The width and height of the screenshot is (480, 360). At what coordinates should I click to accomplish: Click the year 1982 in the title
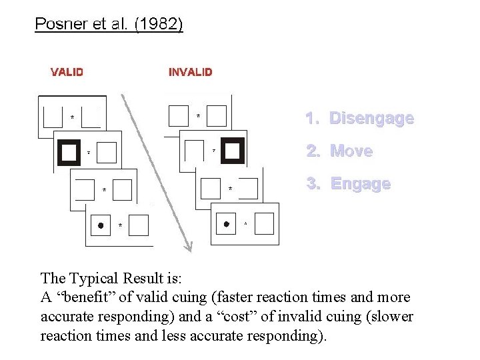pyautogui.click(x=161, y=25)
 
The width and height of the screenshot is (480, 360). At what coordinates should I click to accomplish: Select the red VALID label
pyautogui.click(x=67, y=72)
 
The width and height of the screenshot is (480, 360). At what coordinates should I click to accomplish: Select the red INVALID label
pyautogui.click(x=191, y=72)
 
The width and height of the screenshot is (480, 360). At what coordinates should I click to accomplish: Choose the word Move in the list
pyautogui.click(x=351, y=151)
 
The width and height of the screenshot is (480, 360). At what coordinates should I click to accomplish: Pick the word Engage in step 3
pyautogui.click(x=360, y=183)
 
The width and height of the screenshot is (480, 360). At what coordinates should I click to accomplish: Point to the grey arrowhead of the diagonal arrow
pyautogui.click(x=189, y=247)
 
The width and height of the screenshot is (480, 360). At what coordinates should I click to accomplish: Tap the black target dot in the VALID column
pyautogui.click(x=101, y=225)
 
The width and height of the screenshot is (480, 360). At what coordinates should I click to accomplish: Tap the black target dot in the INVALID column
pyautogui.click(x=226, y=224)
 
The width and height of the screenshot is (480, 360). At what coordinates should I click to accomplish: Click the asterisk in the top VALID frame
pyautogui.click(x=73, y=118)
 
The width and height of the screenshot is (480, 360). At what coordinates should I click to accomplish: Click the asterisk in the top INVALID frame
pyautogui.click(x=198, y=116)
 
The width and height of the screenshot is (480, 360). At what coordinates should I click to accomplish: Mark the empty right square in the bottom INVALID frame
pyautogui.click(x=263, y=224)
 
